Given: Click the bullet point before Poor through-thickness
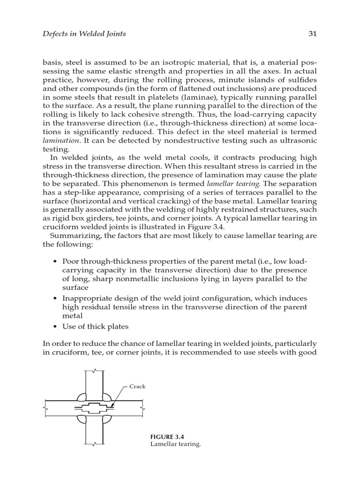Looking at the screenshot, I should pyautogui.click(x=56, y=261).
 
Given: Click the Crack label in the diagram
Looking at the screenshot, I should pyautogui.click(x=138, y=387).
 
